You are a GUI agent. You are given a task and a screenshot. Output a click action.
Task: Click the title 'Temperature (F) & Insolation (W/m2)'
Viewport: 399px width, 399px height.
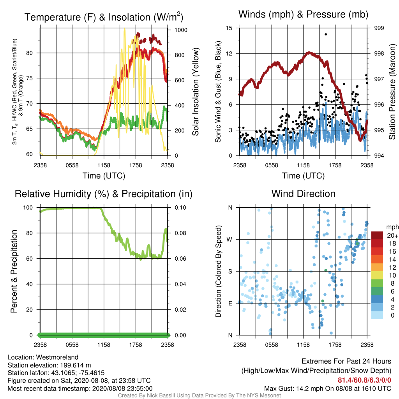104,17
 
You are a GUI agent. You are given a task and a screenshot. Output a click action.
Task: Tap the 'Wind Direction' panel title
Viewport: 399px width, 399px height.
303,194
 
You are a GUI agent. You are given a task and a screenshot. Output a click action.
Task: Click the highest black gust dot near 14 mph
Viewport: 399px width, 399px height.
326,34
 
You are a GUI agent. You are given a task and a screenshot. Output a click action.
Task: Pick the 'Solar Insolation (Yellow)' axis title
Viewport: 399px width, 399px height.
195,92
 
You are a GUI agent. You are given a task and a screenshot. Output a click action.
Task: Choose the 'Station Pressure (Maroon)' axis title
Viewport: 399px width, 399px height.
392,92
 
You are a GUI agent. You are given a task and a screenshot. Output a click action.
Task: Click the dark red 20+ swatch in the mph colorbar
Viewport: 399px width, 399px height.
377,235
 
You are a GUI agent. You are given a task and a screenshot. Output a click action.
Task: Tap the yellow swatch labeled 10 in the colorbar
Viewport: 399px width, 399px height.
377,275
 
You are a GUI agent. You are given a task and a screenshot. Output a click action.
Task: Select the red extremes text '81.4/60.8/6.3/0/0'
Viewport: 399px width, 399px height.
364,380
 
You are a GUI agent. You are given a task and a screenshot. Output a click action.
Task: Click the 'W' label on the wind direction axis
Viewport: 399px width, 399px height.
230,240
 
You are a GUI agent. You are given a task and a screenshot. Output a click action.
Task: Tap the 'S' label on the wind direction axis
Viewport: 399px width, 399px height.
230,272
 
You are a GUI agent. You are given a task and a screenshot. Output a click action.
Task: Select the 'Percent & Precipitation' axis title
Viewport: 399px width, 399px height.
14,271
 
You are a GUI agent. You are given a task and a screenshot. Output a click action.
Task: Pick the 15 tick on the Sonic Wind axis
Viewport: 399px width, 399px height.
229,28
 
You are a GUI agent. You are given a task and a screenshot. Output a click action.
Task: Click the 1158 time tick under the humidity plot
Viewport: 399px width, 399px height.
104,345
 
